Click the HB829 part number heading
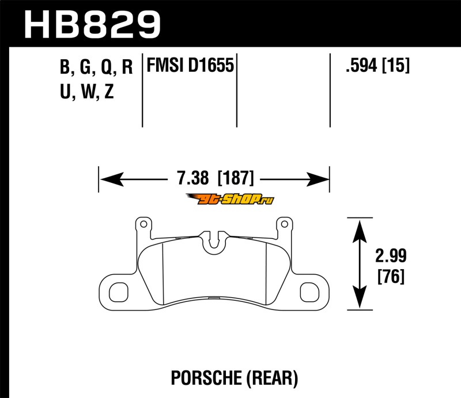coord(92,25)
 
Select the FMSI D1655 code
coord(190,65)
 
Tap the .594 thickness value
coord(361,65)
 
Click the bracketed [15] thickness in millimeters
coord(395,65)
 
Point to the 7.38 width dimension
coord(192,178)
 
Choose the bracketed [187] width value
coord(236,178)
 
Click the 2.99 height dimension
coord(391,255)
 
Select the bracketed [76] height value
coord(391,276)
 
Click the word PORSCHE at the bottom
coord(206,378)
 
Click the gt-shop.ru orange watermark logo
coord(229,199)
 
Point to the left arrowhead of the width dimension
coord(112,179)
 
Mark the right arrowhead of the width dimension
coord(318,179)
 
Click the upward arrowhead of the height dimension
coord(360,231)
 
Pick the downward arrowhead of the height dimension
coord(360,297)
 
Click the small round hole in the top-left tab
coord(143,224)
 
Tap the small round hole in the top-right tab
coord(284,224)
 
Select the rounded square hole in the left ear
coord(119,292)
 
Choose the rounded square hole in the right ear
coord(309,292)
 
